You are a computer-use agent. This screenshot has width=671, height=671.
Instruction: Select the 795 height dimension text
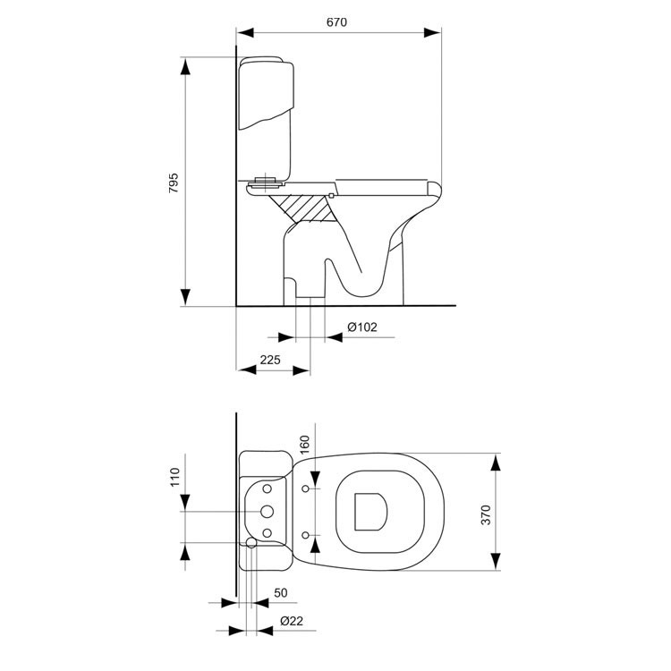click(x=174, y=183)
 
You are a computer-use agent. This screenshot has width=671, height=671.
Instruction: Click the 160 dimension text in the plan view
click(x=304, y=446)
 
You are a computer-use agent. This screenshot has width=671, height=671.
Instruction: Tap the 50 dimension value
click(x=280, y=593)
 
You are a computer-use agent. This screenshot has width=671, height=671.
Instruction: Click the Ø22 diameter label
click(x=289, y=621)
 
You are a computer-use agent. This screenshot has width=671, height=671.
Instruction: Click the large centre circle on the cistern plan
click(x=267, y=511)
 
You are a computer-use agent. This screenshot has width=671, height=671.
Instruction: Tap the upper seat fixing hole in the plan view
click(x=307, y=488)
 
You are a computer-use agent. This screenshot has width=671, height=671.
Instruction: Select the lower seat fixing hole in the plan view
click(x=307, y=534)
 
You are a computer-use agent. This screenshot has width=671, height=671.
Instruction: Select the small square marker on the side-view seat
click(x=331, y=195)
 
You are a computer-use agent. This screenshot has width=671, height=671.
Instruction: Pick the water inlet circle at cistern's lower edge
click(x=251, y=543)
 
